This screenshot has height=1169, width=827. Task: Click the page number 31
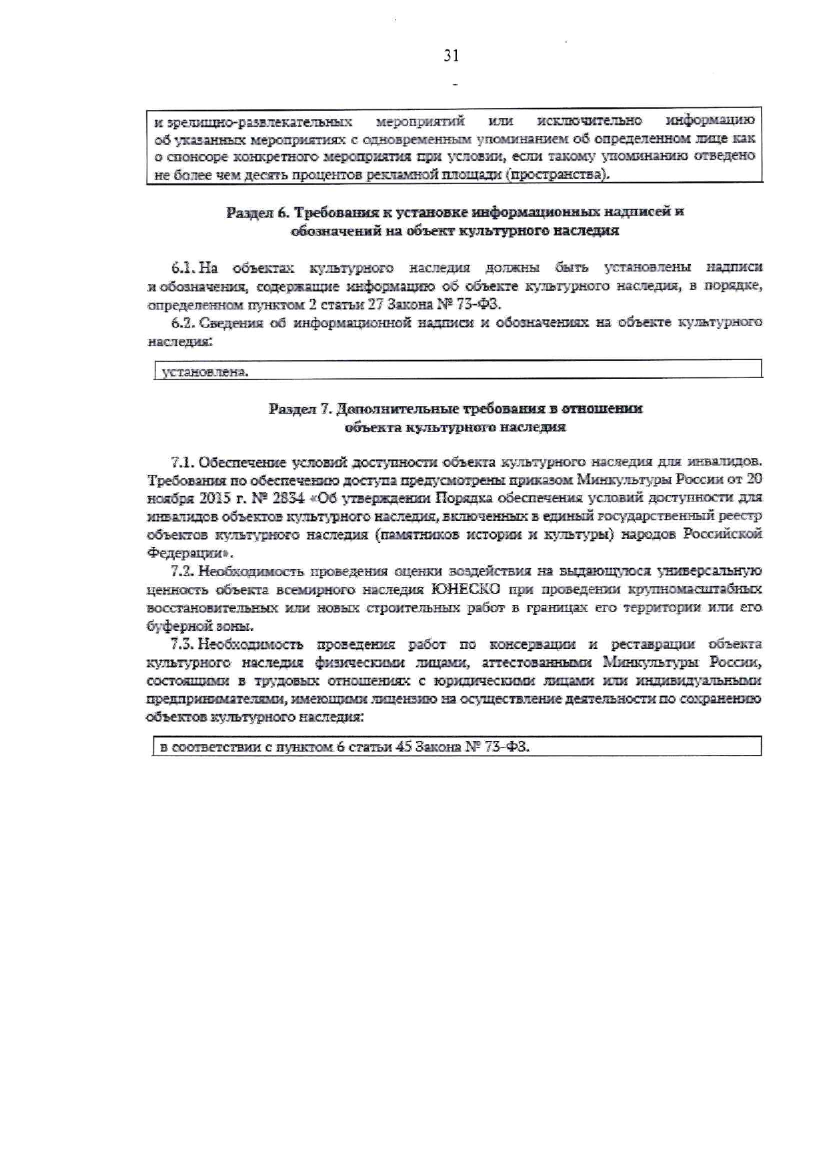[452, 56]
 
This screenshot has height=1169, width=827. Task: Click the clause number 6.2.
[183, 323]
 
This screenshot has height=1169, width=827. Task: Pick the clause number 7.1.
[183, 461]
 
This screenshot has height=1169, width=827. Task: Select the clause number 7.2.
[183, 571]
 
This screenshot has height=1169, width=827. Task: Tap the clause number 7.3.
[183, 645]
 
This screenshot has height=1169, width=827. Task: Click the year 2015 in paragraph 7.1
[215, 498]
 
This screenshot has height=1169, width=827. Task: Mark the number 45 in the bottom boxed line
[403, 748]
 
